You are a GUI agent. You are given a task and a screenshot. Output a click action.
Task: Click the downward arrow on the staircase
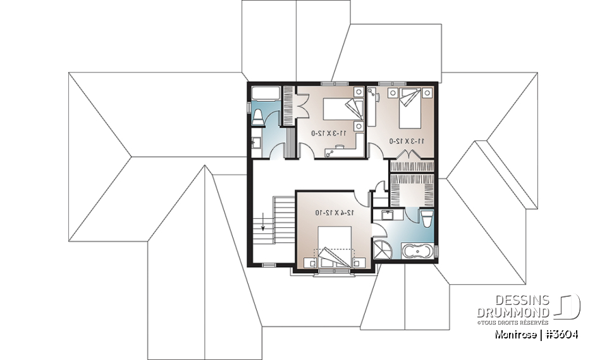point(262,223)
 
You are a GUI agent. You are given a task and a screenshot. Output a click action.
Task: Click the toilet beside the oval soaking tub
point(427,219)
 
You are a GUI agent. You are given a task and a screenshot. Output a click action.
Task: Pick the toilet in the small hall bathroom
point(258,116)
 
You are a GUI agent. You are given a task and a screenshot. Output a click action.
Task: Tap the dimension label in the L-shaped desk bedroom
point(329,133)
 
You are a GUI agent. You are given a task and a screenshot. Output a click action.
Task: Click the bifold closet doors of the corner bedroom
point(411,166)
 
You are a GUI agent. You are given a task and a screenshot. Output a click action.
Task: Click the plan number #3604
point(560,334)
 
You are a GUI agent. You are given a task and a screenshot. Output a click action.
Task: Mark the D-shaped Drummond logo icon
point(569,307)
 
